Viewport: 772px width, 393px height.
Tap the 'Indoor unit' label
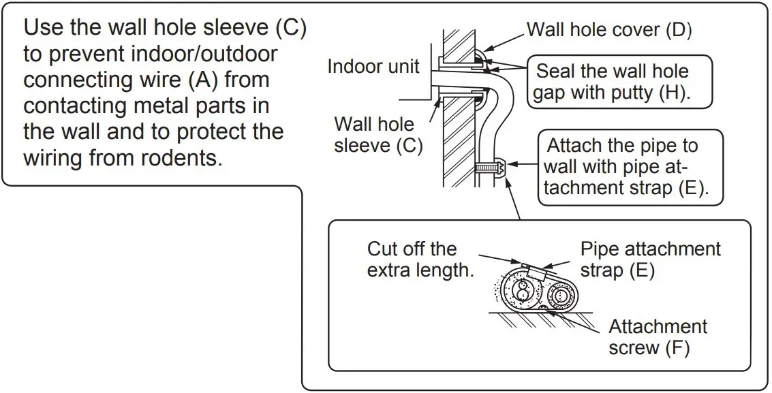coord(373,67)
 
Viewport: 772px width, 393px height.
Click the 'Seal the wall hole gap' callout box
coord(619,82)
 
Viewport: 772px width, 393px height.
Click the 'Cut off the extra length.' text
coord(420,260)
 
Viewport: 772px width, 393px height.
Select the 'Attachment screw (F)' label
coord(658,336)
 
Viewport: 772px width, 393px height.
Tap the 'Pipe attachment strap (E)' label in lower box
coord(650,260)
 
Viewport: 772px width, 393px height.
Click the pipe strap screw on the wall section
coord(489,167)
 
